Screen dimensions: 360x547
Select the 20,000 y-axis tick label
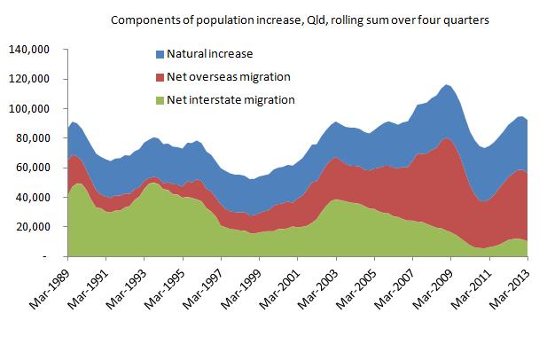[x=40, y=226]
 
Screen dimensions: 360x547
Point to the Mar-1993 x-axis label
[x=129, y=288]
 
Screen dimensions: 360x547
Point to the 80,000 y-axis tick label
[x=40, y=137]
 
